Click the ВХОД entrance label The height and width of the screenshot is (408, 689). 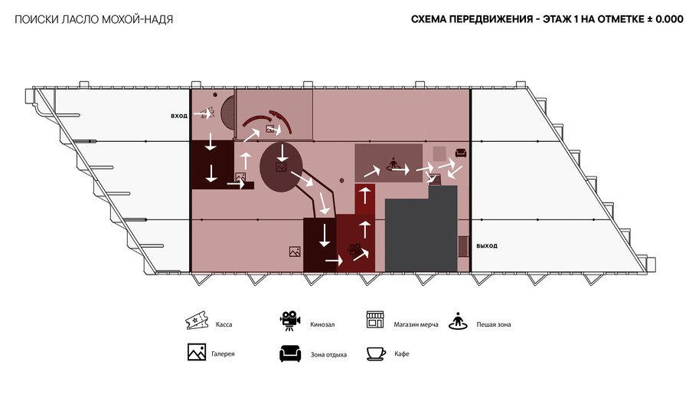(x=179, y=116)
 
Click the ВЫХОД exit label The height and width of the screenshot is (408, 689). (x=487, y=246)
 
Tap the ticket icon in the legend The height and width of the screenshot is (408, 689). (x=196, y=320)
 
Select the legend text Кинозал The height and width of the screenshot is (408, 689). (x=322, y=325)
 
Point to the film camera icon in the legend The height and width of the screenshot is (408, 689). (x=290, y=321)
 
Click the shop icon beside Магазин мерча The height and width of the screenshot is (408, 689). (x=375, y=320)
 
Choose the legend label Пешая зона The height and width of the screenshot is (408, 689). (x=494, y=325)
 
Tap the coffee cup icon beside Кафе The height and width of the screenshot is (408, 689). (x=376, y=354)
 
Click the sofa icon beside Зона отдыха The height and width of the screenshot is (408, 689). (x=290, y=354)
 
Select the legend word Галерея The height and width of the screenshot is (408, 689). (x=223, y=354)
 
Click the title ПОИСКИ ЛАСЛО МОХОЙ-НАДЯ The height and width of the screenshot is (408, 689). (x=94, y=20)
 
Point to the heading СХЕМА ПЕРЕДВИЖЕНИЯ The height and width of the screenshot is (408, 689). (x=472, y=19)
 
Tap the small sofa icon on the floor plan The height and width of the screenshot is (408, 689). (x=461, y=153)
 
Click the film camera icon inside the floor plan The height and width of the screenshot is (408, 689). (x=354, y=249)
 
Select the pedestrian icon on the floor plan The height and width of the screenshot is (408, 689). (x=393, y=165)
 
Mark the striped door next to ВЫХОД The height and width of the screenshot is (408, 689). (x=463, y=246)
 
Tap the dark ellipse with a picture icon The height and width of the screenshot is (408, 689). (x=281, y=166)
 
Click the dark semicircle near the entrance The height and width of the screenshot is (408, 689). (x=228, y=113)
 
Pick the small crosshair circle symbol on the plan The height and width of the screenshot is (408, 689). (x=342, y=180)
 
